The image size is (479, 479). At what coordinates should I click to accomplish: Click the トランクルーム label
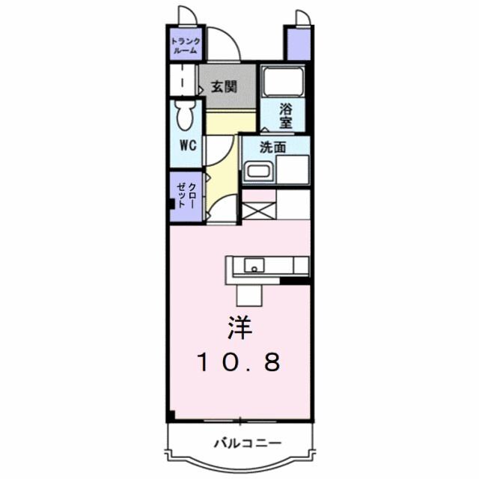(x=186, y=46)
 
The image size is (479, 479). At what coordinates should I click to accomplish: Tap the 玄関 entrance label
(x=224, y=85)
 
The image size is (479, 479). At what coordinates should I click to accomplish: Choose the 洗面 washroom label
(x=272, y=147)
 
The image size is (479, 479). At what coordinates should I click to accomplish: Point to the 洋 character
(x=239, y=327)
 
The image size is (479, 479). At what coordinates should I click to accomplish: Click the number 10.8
(x=239, y=362)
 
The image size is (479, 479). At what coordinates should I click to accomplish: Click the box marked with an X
(x=258, y=210)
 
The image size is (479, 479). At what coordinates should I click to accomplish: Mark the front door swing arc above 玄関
(x=223, y=43)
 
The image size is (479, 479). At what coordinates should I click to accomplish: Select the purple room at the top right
(x=297, y=43)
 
